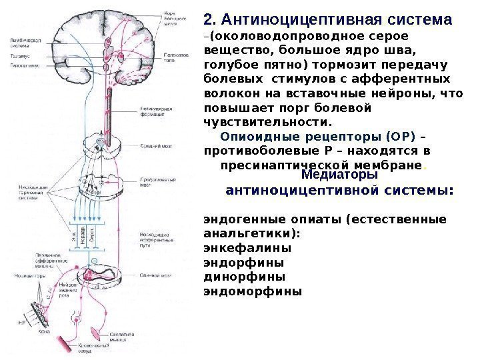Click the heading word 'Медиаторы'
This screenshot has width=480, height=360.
click(339, 175)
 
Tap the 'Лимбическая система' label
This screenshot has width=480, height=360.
click(26, 43)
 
